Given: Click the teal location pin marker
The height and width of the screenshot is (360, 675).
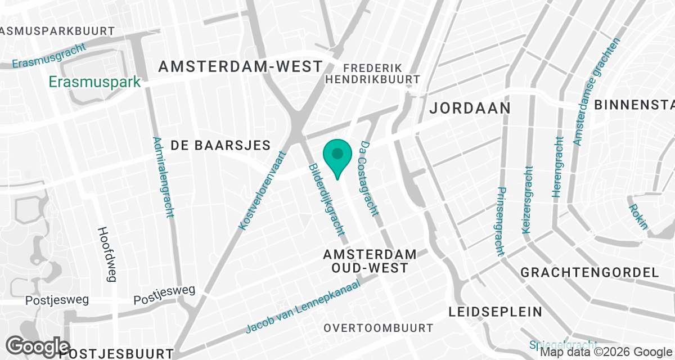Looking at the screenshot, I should pyautogui.click(x=337, y=157).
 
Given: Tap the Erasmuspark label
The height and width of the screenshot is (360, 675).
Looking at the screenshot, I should pyautogui.click(x=94, y=82).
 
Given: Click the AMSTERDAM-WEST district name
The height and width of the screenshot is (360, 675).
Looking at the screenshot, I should pyautogui.click(x=240, y=66).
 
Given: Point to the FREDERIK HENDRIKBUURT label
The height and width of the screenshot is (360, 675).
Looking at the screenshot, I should pyautogui.click(x=373, y=73).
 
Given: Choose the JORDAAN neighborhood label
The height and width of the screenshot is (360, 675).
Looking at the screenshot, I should pyautogui.click(x=470, y=107).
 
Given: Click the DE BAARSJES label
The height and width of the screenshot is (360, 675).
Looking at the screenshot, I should pyautogui.click(x=220, y=145).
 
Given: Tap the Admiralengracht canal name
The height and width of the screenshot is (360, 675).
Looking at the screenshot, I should pyautogui.click(x=163, y=177).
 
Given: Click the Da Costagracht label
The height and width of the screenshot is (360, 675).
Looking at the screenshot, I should pyautogui.click(x=368, y=178).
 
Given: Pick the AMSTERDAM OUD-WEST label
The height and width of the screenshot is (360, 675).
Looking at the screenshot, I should pyautogui.click(x=370, y=261).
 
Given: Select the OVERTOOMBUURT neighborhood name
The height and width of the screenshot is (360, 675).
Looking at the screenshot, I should pyautogui.click(x=379, y=328).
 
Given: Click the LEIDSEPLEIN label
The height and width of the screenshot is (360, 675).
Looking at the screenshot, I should pyautogui.click(x=496, y=312).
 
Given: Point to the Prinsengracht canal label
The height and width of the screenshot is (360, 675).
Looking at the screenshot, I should pyautogui.click(x=499, y=221).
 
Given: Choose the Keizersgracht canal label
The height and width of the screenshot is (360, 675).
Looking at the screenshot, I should pyautogui.click(x=527, y=200).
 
